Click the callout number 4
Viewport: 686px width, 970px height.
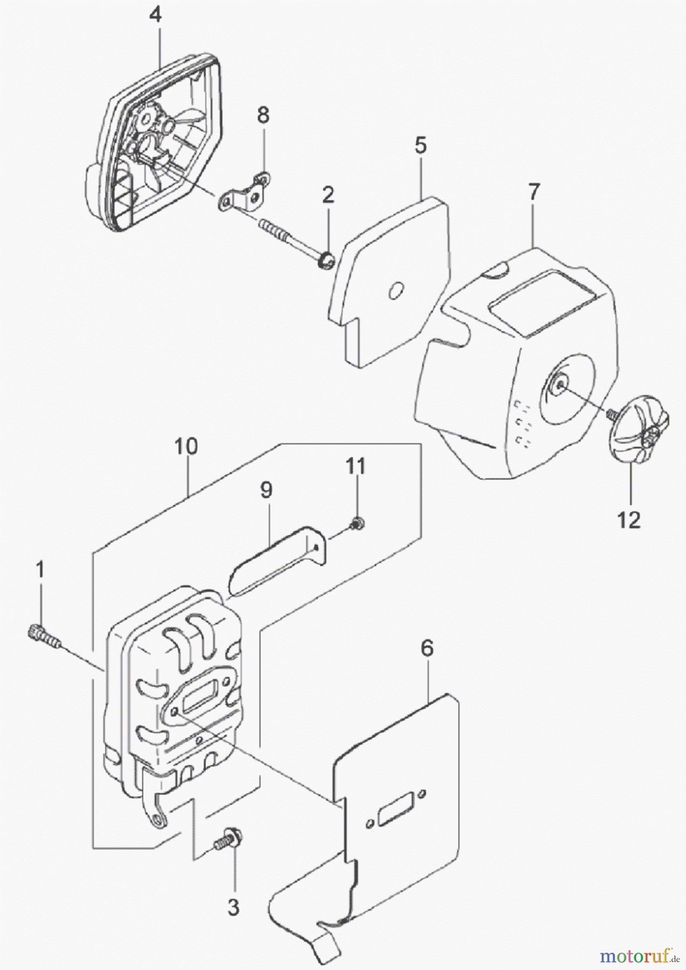pyautogui.click(x=155, y=15)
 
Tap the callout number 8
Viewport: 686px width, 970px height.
pyautogui.click(x=264, y=116)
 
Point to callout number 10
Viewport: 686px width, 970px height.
pyautogui.click(x=185, y=447)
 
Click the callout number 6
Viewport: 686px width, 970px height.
pyautogui.click(x=426, y=649)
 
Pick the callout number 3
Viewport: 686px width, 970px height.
pyautogui.click(x=233, y=908)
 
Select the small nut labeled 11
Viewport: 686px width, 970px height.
pyautogui.click(x=357, y=522)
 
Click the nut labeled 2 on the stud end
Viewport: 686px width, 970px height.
pyautogui.click(x=326, y=261)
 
